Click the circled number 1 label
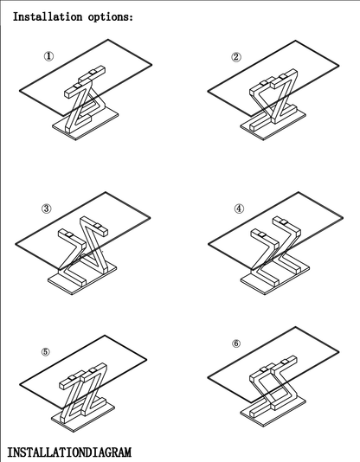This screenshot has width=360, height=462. pyautogui.click(x=49, y=56)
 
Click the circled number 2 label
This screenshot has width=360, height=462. pyautogui.click(x=236, y=56)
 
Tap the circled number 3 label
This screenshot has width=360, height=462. pyautogui.click(x=46, y=209)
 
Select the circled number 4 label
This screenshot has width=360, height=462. pyautogui.click(x=239, y=209)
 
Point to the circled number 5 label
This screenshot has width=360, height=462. pyautogui.click(x=45, y=352)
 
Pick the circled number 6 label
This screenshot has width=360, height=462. pyautogui.click(x=236, y=343)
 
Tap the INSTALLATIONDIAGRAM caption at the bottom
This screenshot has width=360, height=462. pyautogui.click(x=69, y=452)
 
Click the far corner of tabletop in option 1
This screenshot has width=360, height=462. pyautogui.click(x=108, y=39)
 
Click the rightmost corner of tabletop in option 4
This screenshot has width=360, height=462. pyautogui.click(x=343, y=218)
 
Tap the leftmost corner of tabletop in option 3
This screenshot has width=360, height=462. pyautogui.click(x=16, y=244)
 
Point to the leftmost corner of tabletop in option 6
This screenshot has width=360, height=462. pyautogui.click(x=208, y=377)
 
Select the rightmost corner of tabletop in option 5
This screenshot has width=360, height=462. pyautogui.click(x=147, y=359)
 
